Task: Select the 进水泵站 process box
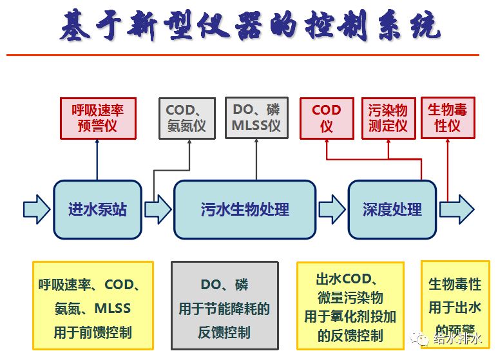tap(97, 209)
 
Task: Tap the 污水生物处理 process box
tap(245, 209)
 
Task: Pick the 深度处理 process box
tap(392, 209)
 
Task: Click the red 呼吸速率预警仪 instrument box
tap(97, 118)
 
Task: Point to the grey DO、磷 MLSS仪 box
tap(256, 118)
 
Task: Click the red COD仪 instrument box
tap(326, 118)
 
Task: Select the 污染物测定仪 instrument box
tap(388, 118)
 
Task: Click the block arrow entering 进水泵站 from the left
tap(36, 209)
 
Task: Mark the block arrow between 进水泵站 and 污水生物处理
tap(157, 209)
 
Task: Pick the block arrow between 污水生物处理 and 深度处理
tap(332, 209)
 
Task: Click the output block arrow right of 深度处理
tap(456, 209)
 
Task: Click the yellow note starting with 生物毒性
tap(455, 296)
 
